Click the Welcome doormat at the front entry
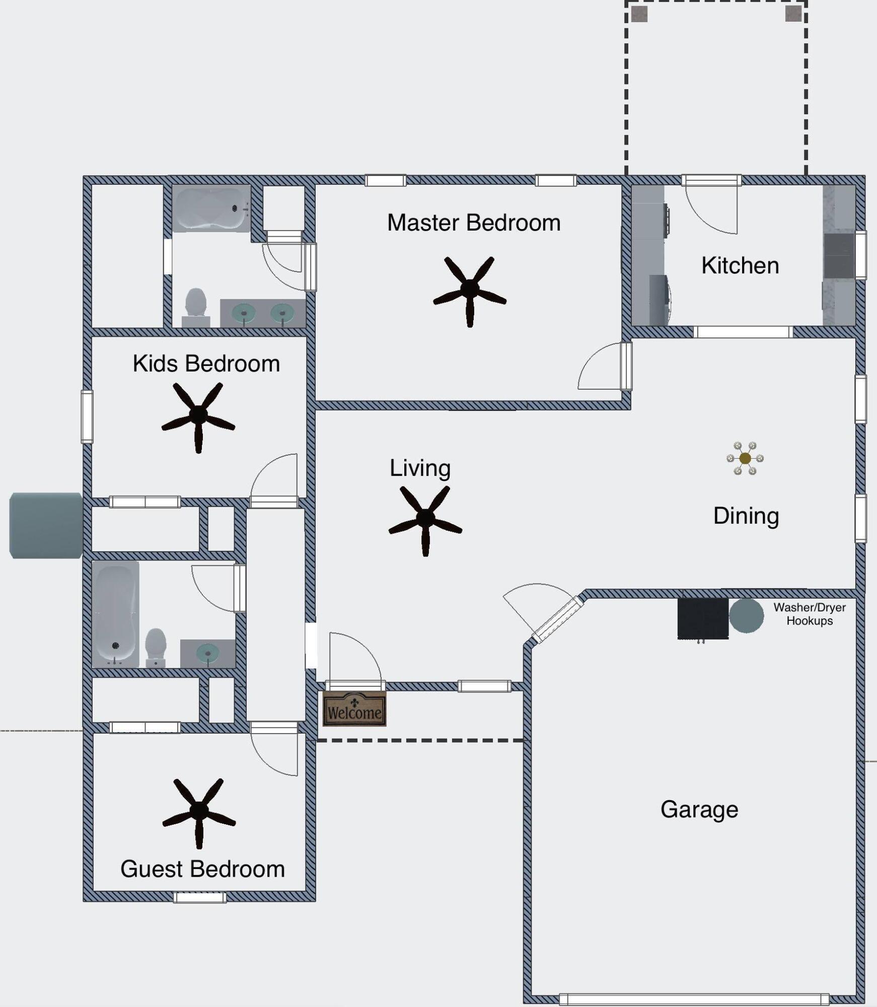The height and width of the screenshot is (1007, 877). [x=354, y=709]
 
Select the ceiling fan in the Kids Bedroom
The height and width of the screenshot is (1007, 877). [x=198, y=415]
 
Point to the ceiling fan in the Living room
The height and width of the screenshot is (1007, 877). [x=425, y=518]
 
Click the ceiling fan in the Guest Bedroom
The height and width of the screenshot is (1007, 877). [x=199, y=811]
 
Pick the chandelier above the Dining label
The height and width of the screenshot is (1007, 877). [x=745, y=458]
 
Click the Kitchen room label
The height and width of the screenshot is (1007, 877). [x=740, y=265]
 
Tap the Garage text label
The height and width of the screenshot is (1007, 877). [x=699, y=810]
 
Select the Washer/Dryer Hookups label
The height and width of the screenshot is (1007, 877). [x=810, y=614]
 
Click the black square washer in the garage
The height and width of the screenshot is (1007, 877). [x=703, y=618]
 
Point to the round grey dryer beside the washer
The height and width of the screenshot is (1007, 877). [x=746, y=615]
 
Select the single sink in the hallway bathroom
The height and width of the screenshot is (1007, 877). [x=208, y=653]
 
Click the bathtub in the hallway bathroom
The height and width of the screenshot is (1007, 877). [x=115, y=614]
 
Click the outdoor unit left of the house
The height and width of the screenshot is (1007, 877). [x=46, y=525]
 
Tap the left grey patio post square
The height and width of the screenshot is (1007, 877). [x=639, y=14]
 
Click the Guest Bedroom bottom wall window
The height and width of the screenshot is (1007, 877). [x=200, y=897]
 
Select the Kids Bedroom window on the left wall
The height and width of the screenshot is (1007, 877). [x=87, y=416]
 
